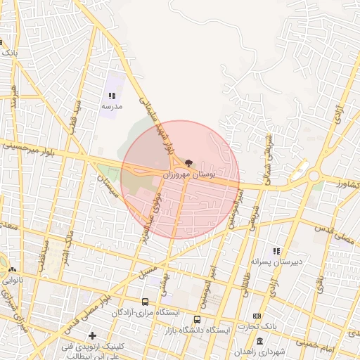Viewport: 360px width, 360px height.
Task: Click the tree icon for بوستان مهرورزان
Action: (189, 162)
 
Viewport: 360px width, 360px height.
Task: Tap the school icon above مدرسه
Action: (111, 96)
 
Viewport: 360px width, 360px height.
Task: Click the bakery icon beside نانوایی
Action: (12, 269)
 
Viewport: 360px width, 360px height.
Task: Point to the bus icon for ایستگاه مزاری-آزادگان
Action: (145, 302)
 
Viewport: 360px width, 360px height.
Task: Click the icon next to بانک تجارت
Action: (257, 316)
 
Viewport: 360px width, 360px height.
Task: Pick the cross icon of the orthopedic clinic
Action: (92, 335)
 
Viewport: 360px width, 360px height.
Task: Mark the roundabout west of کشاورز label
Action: (314, 176)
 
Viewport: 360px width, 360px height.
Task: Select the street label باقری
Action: (320, 285)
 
